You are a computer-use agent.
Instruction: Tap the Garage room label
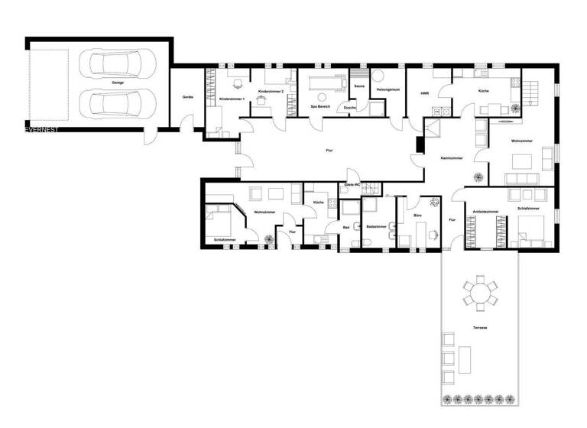point(118,82)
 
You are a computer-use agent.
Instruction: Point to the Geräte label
point(187,97)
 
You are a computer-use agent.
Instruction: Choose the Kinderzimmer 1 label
point(231,100)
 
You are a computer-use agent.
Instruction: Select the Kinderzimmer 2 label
point(271,92)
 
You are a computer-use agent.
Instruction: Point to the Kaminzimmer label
point(452,157)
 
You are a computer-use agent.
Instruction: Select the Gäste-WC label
point(352,185)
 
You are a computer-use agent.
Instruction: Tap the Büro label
point(418,216)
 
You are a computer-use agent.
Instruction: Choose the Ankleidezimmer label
point(485,210)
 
